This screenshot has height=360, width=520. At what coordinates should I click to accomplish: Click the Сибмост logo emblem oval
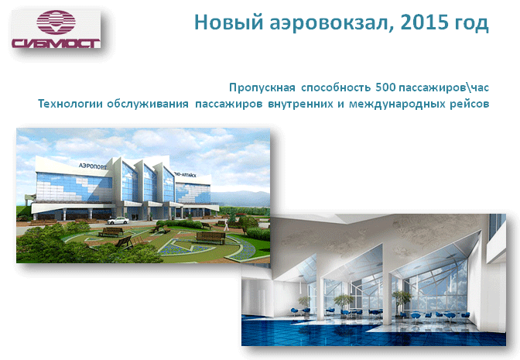(56, 22)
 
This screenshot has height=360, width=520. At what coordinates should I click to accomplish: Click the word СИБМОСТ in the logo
(56, 43)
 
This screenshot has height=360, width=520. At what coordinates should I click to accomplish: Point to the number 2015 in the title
(422, 22)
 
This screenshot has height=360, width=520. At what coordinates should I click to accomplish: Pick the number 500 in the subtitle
(385, 87)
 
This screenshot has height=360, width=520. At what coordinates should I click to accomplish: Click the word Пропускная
(262, 87)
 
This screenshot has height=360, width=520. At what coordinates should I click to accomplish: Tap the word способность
(336, 87)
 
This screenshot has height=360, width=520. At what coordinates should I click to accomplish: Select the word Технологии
(70, 104)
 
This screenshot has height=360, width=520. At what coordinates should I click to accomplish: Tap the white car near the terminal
(118, 221)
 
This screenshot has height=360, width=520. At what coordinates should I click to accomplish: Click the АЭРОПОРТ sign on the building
(93, 166)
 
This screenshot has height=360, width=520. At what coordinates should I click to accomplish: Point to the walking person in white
(227, 225)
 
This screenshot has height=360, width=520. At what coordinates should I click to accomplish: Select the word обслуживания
(147, 105)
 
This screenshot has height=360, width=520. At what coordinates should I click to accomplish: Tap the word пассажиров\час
(443, 87)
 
